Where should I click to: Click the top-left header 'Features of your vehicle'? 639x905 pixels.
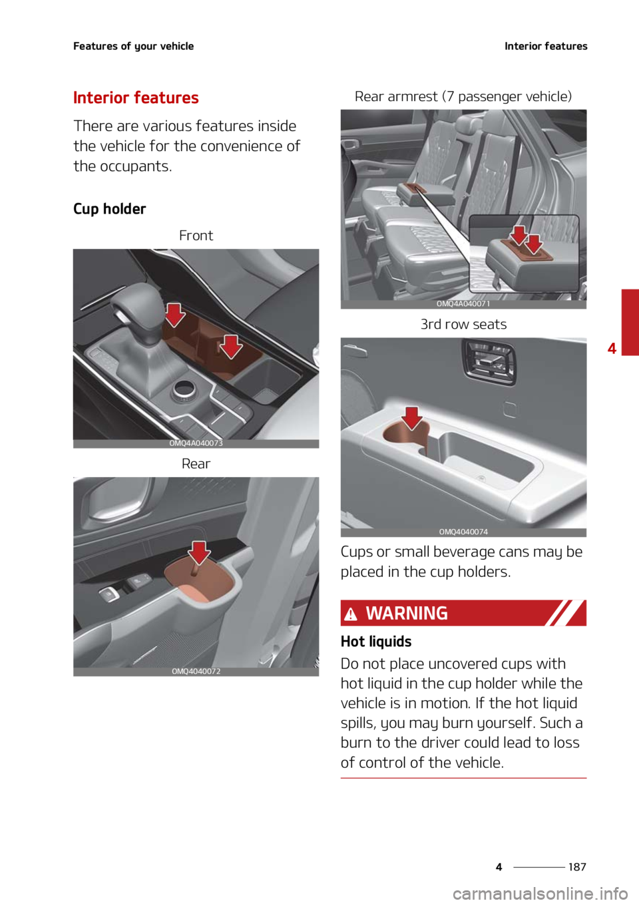133,46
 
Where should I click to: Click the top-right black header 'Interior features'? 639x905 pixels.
546,46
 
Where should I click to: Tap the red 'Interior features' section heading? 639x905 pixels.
136,98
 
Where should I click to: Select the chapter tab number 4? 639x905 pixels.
612,348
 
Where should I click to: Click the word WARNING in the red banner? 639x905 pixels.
407,613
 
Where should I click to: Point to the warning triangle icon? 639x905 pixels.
351,614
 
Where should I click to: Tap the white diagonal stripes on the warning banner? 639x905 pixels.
564,613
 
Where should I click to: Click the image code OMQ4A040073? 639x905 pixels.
196,443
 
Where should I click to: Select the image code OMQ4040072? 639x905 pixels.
196,671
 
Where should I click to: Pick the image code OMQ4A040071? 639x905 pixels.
463,304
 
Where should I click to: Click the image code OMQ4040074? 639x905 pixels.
463,532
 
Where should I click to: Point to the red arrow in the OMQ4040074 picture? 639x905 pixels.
412,418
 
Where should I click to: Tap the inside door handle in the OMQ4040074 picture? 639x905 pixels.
489,360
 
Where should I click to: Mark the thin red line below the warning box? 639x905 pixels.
463,777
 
